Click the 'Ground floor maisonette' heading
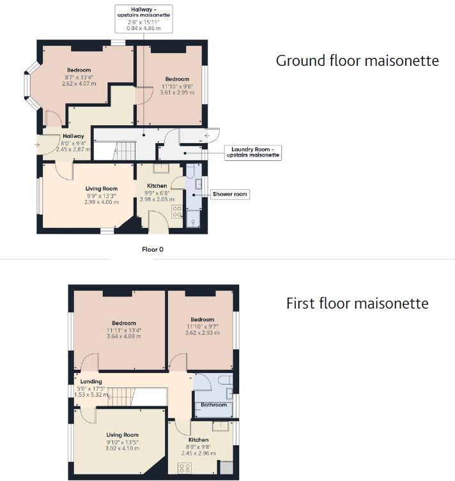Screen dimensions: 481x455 (357, 61)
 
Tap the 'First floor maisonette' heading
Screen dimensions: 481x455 (357, 303)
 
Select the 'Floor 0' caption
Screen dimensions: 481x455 (153, 249)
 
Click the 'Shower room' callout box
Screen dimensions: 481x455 (230, 194)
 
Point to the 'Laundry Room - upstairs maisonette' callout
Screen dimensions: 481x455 (252, 152)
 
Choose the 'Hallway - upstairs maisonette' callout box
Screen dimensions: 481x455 (143, 19)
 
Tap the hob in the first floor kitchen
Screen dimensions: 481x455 (185, 468)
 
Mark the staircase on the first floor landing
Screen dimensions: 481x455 (118, 395)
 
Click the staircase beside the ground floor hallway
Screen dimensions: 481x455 (125, 151)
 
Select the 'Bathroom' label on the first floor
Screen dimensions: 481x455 (213, 405)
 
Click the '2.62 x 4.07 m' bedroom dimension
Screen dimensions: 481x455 (78, 84)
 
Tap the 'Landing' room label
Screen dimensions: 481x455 (91, 381)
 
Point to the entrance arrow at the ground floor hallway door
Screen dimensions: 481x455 (37, 145)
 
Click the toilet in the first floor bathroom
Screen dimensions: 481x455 (224, 381)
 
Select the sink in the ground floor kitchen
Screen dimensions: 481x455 (160, 169)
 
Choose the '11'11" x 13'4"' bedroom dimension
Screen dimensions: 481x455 (124, 330)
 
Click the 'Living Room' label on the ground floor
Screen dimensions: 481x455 (102, 188)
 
